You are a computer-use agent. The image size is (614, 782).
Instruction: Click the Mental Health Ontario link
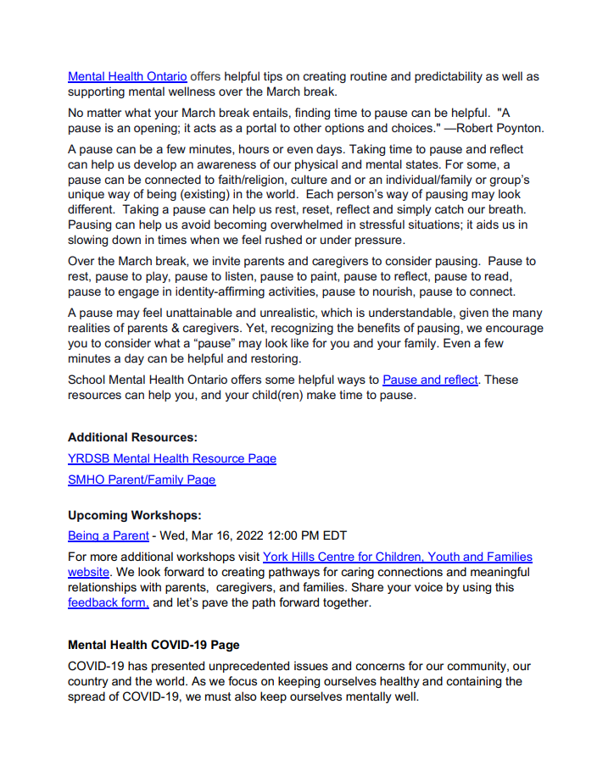127,76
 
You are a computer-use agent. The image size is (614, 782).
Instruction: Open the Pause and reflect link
430,380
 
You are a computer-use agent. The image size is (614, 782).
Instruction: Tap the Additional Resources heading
132,438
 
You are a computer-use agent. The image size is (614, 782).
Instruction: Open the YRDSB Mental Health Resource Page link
172,458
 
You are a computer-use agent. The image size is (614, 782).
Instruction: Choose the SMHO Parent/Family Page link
142,480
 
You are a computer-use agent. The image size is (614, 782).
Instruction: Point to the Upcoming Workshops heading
134,515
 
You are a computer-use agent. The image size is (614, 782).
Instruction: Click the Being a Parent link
109,535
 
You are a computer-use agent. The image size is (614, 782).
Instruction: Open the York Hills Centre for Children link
397,557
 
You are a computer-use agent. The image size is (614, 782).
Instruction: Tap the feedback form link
109,603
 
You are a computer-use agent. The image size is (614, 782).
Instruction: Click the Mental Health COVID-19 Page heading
153,645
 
